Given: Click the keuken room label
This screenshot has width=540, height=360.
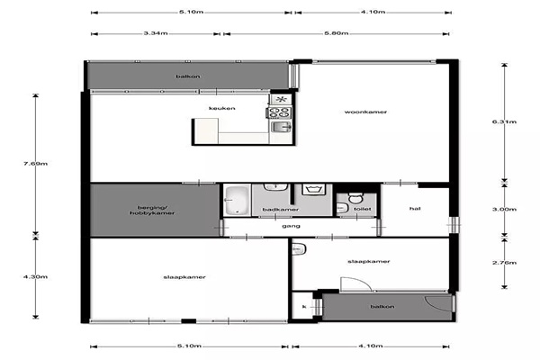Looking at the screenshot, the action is point(222,108).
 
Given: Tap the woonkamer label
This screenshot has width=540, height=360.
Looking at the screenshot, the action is point(365,112).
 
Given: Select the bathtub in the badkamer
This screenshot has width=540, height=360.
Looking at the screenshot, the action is point(237,200).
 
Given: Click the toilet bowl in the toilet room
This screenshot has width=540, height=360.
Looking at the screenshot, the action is point(355,198).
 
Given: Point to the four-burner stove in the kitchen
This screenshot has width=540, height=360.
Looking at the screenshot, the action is point(279,112).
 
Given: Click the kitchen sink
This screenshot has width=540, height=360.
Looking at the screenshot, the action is point(282,127).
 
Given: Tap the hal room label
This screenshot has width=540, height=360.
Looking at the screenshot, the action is point(415,209).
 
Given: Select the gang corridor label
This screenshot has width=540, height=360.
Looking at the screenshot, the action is point(291,226).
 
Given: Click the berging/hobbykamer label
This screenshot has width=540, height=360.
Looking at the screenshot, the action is point(152,210).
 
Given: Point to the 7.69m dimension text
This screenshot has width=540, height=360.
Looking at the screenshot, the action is point(35,164).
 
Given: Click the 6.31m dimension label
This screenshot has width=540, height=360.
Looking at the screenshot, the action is point(504,121).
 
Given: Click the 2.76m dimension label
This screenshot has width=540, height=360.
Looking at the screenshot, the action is point(504,263).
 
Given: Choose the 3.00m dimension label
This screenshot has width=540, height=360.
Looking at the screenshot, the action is point(504,209).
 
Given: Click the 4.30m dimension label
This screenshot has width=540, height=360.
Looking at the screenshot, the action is point(35,276).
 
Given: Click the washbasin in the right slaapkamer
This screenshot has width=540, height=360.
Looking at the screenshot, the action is point(299,249).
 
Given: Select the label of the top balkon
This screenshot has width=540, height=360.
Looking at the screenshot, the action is point(188,76).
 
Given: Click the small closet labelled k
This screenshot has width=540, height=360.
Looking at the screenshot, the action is point(302,306).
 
